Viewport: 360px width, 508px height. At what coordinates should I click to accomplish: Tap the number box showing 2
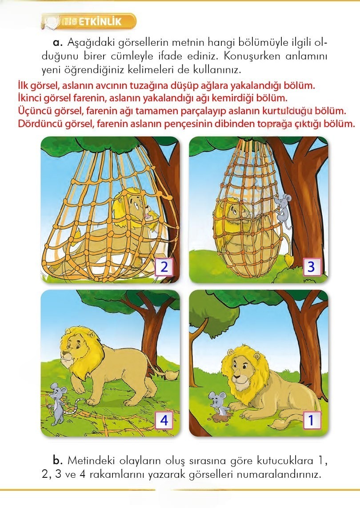click(164, 267)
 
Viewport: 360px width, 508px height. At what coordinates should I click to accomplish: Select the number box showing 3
click(311, 267)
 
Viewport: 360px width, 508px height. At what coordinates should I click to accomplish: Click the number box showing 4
click(164, 420)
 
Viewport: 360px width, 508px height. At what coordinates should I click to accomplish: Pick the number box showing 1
click(311, 420)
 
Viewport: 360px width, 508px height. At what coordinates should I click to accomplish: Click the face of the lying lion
click(240, 376)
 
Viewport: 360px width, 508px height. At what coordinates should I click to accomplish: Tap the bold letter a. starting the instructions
click(57, 43)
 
